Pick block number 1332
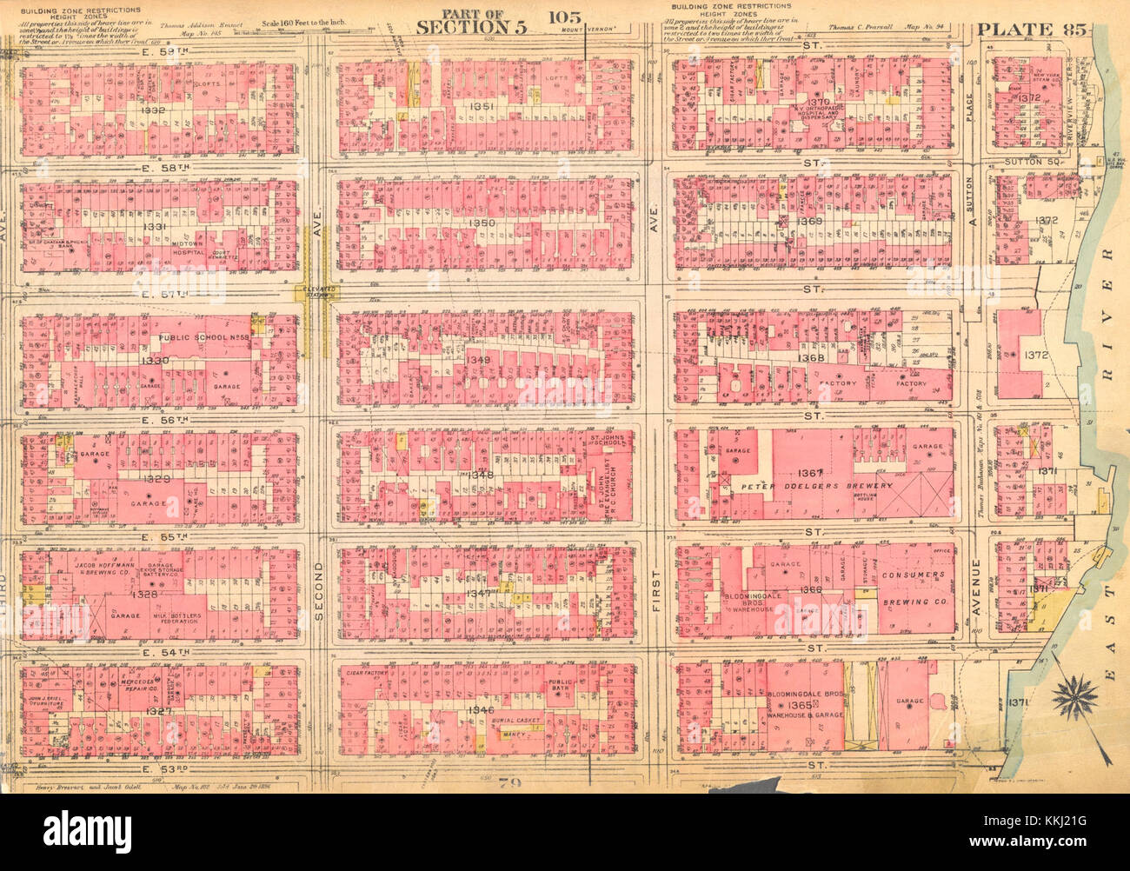152,110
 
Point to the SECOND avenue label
317,591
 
